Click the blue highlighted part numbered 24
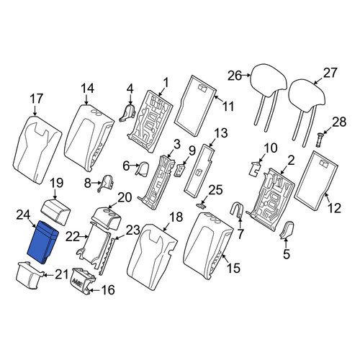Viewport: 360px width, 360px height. (43, 243)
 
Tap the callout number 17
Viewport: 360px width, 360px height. (37, 99)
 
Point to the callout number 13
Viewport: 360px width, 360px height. (220, 132)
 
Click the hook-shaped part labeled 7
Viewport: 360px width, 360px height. (237, 210)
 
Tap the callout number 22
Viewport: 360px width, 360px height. (73, 237)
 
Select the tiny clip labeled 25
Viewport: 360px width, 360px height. (201, 205)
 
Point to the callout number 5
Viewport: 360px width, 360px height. (287, 254)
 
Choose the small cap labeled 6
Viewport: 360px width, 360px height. (143, 168)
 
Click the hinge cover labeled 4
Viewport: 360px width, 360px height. (127, 113)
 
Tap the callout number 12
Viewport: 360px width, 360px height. (334, 208)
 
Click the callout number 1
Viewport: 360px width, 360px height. (166, 83)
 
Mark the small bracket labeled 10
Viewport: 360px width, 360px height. (256, 168)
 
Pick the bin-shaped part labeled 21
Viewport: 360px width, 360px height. (30, 276)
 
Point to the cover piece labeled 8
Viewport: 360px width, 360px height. (105, 184)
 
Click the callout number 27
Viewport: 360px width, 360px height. (330, 73)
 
